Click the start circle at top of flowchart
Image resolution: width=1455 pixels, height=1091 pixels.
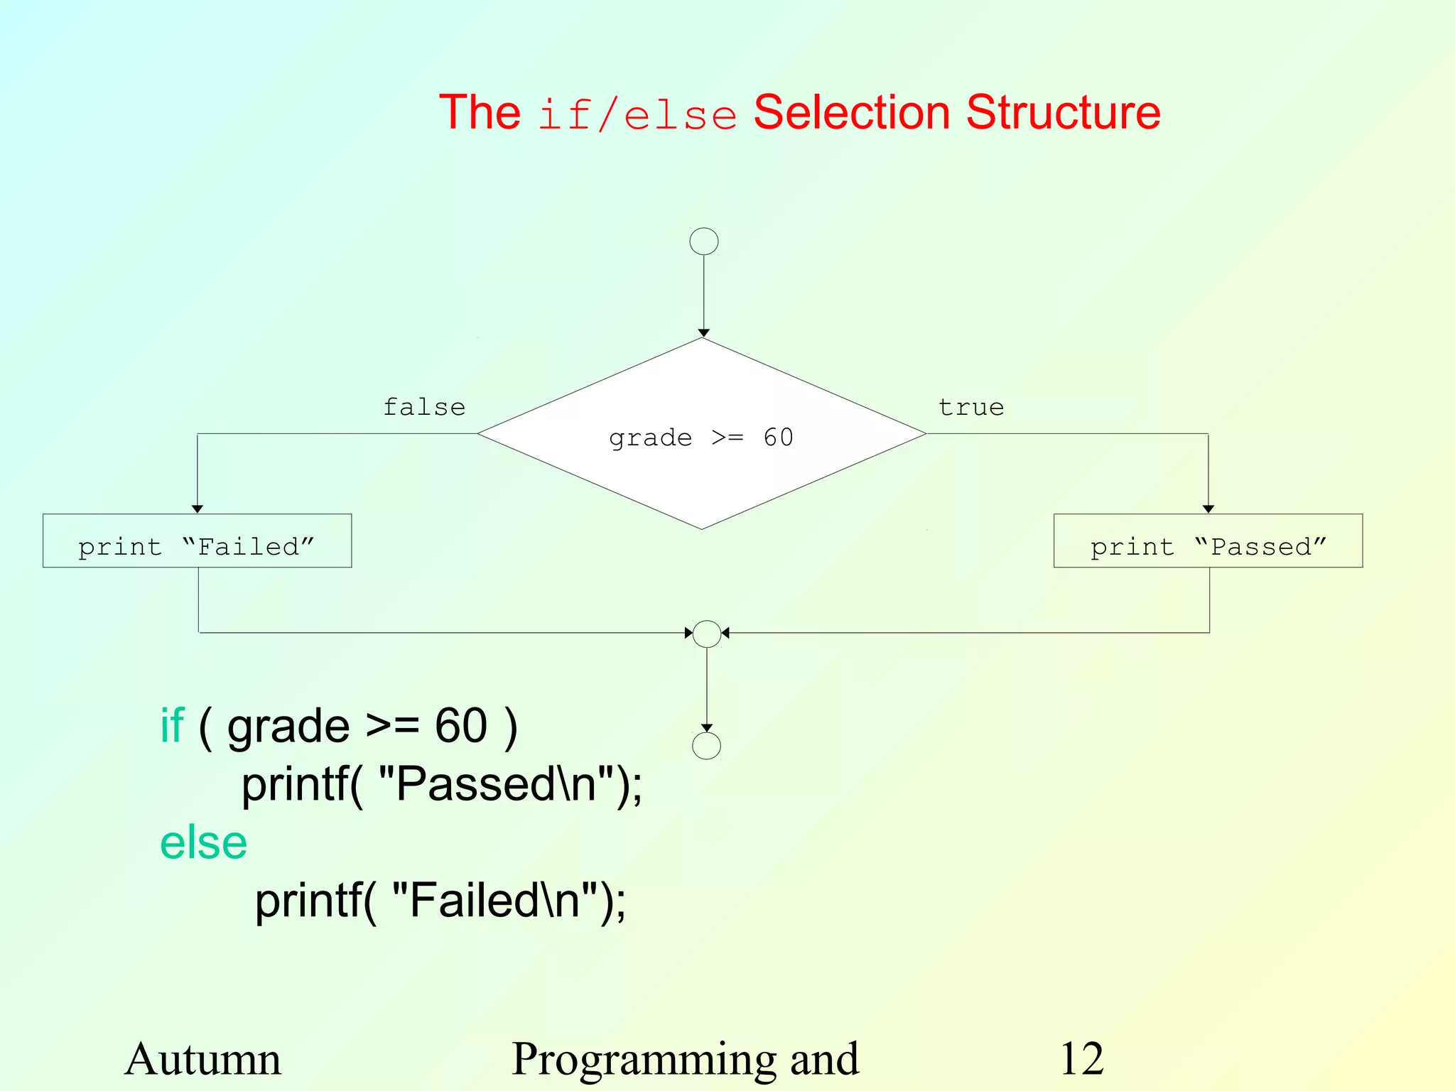click(703, 241)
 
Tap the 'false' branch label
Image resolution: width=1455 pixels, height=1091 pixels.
click(424, 407)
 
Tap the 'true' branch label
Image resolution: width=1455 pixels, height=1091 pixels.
click(970, 407)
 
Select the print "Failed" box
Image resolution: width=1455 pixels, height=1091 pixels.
click(197, 541)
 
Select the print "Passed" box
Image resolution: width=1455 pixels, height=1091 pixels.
click(1208, 541)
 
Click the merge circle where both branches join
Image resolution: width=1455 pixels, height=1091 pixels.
click(706, 634)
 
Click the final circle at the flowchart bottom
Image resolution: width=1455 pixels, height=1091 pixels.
click(705, 746)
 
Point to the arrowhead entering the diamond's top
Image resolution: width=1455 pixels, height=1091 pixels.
click(703, 332)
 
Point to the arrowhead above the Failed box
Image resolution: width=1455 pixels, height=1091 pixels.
click(198, 509)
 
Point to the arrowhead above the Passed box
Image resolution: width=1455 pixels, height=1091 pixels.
click(1208, 509)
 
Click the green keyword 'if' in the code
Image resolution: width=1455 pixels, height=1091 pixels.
click(172, 726)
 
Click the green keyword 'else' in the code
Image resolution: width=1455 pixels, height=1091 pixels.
click(203, 843)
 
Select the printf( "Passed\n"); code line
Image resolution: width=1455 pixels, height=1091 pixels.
click(441, 785)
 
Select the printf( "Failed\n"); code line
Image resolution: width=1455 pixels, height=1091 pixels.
click(440, 901)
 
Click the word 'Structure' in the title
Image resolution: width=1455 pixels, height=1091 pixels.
click(1063, 112)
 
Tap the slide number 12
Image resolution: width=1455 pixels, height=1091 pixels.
click(1081, 1059)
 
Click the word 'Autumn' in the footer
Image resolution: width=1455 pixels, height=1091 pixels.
click(202, 1059)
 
